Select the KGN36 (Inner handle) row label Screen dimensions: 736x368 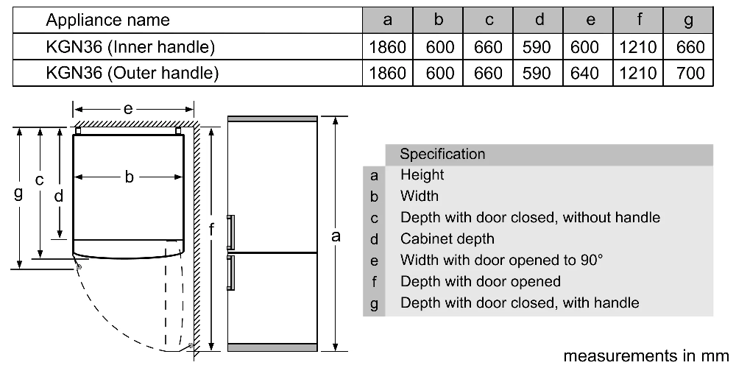click(x=130, y=47)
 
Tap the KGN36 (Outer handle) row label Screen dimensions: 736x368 click(x=132, y=73)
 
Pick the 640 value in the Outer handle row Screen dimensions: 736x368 click(x=584, y=73)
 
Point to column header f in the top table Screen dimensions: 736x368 click(x=638, y=20)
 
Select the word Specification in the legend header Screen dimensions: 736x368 click(x=442, y=155)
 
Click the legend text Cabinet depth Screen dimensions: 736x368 click(x=447, y=239)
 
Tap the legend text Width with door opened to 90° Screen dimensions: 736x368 click(x=501, y=260)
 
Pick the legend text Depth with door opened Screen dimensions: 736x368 click(x=480, y=281)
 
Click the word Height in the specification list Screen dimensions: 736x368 click(x=422, y=175)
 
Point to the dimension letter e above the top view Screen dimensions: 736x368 click(x=128, y=110)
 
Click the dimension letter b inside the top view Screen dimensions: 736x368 click(x=129, y=177)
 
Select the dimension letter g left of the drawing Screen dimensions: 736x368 click(x=18, y=193)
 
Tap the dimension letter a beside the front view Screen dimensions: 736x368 click(x=336, y=236)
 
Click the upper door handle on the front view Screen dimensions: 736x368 click(x=230, y=233)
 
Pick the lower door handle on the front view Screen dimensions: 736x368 click(x=230, y=273)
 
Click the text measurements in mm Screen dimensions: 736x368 click(x=646, y=355)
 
